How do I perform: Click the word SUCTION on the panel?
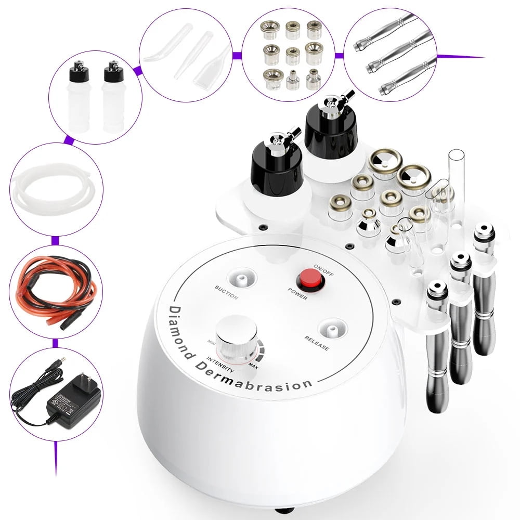[226, 293]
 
